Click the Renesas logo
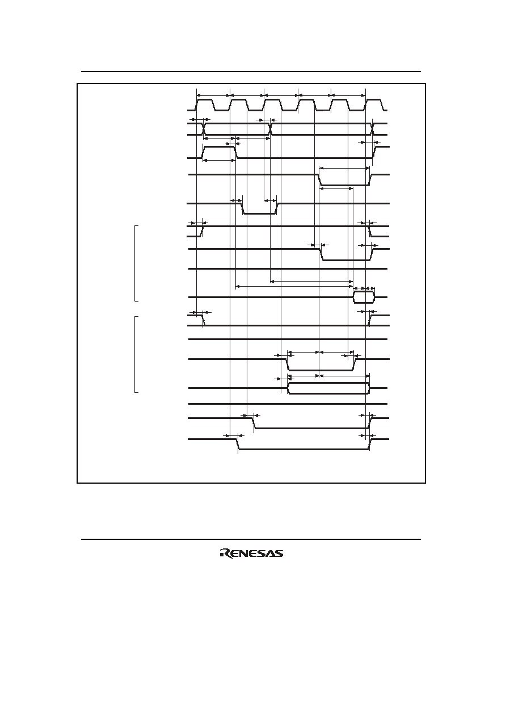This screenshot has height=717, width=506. coord(251,554)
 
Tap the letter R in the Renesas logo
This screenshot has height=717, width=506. coord(224,554)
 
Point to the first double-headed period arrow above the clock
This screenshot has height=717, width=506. coord(213,95)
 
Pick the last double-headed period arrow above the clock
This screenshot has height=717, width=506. coord(348,95)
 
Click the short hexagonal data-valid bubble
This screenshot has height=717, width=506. coord(364,297)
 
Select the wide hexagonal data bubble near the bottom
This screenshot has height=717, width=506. coord(328,388)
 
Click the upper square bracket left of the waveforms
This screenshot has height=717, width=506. coord(136,263)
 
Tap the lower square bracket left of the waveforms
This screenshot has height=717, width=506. coord(136,354)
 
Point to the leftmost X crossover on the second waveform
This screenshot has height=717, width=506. coord(204,129)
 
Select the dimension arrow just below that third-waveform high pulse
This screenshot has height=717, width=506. coord(220,160)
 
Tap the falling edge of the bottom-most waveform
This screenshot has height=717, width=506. coord(238,445)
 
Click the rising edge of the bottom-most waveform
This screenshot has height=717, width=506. coord(370,445)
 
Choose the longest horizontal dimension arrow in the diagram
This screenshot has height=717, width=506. coord(294,286)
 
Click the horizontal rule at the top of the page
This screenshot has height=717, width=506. coord(251,72)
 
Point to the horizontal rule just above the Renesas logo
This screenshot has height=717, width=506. coord(251,539)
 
